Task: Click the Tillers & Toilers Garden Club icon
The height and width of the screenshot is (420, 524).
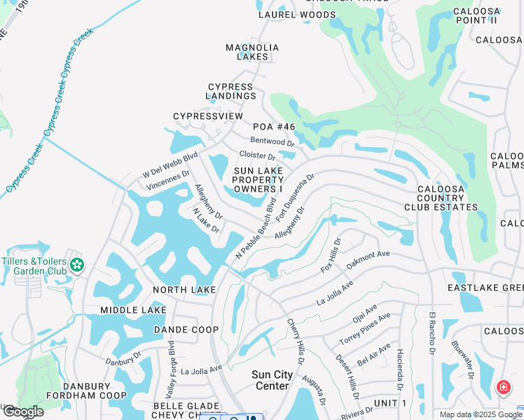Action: (77, 265)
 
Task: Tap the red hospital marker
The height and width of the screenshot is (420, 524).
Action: (503, 387)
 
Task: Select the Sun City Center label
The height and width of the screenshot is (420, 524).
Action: (272, 380)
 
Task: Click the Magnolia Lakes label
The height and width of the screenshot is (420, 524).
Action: (252, 52)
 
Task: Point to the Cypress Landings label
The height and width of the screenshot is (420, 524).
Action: (231, 92)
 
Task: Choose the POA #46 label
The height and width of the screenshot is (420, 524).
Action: (274, 127)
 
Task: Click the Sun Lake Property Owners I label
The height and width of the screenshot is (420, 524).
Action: (258, 180)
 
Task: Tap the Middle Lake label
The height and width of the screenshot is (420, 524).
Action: (133, 310)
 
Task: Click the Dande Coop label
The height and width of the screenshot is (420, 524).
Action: (186, 329)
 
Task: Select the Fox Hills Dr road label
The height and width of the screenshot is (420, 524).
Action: (331, 255)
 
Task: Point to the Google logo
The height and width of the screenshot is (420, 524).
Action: (22, 412)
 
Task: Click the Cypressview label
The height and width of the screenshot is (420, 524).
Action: (208, 116)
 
